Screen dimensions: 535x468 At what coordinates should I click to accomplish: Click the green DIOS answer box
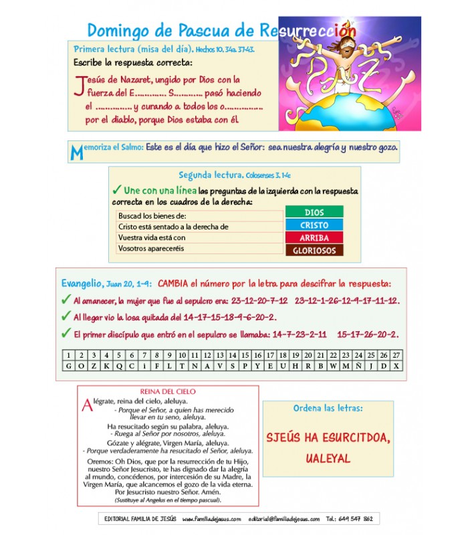coord(314,212)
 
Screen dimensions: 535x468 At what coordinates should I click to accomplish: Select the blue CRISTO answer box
coord(314,225)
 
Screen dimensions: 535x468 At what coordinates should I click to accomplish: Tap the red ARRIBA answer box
coord(314,237)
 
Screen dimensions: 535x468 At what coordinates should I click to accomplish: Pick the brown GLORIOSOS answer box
coord(314,251)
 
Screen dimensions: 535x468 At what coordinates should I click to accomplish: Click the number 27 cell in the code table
coord(396,355)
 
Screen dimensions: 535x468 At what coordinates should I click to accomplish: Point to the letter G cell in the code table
coord(68,366)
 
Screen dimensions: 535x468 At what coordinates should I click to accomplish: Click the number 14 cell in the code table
coord(233,355)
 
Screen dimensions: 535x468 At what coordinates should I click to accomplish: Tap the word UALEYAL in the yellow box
coord(328,459)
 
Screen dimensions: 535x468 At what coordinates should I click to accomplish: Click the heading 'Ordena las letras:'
coord(328,408)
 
